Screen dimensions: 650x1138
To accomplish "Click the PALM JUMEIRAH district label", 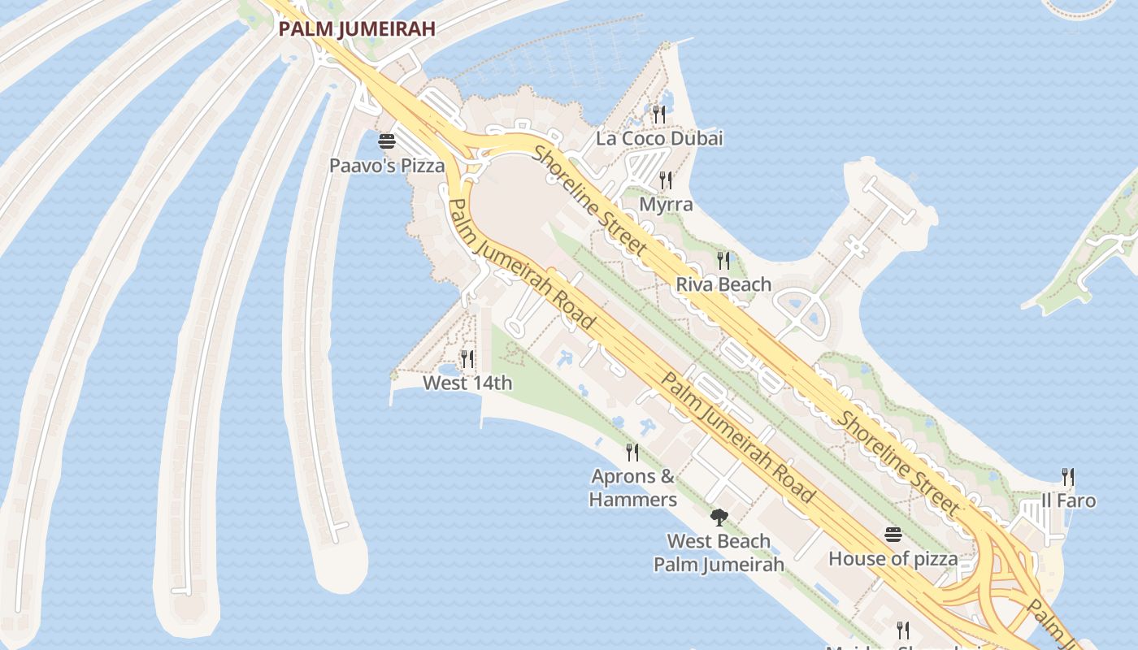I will click(357, 29).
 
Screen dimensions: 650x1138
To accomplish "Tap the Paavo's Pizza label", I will click(387, 166).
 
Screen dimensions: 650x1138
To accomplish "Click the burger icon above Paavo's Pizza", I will click(387, 141).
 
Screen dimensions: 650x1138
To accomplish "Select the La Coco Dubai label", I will click(659, 138).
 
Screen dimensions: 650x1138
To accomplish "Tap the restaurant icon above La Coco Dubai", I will click(659, 114).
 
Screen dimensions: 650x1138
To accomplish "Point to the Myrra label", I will click(666, 204).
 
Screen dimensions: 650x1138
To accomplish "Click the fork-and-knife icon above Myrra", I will click(666, 180).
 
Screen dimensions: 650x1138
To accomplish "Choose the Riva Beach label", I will click(723, 284).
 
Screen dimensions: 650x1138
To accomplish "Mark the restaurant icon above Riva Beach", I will click(723, 260).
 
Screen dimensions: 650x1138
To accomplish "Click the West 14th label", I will click(467, 383).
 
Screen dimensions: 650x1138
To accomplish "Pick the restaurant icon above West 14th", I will click(467, 358).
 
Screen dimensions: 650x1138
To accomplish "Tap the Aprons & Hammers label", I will click(633, 487).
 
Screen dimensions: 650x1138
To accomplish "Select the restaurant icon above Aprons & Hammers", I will click(632, 452).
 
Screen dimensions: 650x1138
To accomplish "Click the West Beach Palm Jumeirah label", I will click(719, 552).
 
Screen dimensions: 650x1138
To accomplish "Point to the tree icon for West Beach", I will click(719, 518).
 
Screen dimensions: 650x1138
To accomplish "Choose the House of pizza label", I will click(893, 559).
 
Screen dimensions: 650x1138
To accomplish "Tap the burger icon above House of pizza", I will click(893, 535).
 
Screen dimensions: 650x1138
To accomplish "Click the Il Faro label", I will click(1068, 500).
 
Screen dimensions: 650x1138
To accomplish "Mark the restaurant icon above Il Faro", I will click(1068, 477).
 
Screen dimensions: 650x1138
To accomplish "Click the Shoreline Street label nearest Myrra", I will click(591, 200).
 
